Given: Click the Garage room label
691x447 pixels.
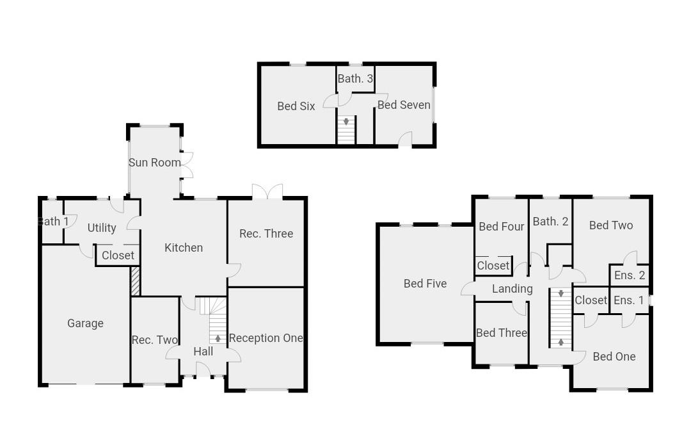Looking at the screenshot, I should pos(85,323).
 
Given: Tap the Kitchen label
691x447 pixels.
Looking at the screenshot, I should pos(184,248).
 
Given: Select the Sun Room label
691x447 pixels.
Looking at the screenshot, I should pos(155,163).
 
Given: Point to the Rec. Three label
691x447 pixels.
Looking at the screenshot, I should pos(266,234).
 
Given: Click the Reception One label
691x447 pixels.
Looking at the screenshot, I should pos(266,338).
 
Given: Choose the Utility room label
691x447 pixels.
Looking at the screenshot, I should pos(102,228).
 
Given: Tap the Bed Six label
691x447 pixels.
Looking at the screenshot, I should pos(296,106).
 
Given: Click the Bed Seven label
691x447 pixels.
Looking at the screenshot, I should pos(404,105).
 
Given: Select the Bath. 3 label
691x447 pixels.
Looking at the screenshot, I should pos(356,79).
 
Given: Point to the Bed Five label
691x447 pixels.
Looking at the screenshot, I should pos(425,284).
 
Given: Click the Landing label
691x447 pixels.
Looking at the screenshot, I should pos(512,289).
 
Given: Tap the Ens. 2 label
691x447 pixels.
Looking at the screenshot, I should pos(630,276).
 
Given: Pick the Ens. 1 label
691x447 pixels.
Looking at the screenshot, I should pos(630,300).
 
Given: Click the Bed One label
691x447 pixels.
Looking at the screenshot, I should pos(614,357).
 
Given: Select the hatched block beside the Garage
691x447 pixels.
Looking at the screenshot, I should pos(135,281).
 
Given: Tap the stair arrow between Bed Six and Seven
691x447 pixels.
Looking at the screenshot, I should pos(346,121).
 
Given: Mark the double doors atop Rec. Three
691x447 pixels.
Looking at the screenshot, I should pos(267,191).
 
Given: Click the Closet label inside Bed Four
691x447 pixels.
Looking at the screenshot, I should pos(493,266).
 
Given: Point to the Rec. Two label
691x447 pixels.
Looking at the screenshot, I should pos(155,340).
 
